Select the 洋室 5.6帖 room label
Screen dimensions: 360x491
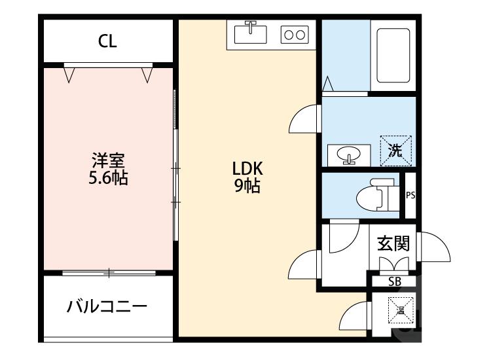109,168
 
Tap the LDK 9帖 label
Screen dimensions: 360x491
248,177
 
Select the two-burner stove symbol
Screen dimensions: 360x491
294,35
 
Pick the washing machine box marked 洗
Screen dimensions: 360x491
396,150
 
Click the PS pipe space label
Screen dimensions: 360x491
410,195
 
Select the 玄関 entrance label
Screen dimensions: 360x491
393,243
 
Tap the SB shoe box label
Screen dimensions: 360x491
394,281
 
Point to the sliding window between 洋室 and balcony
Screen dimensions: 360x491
108,272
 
